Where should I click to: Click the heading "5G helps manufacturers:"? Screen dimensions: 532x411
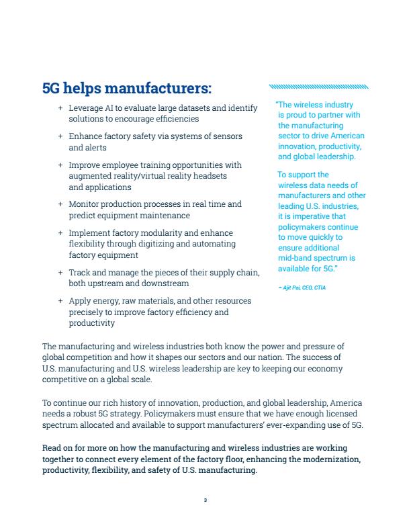(126, 88)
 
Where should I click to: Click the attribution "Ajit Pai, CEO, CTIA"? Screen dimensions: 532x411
(301, 287)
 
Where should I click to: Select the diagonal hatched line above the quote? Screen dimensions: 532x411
(318, 87)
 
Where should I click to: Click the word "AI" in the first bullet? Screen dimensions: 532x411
(110, 107)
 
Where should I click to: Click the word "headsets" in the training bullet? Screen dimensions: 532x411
(210, 176)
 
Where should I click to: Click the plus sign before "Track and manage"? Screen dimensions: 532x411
(61, 273)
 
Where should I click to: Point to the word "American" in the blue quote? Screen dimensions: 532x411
(349, 136)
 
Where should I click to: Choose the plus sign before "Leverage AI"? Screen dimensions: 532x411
(61, 107)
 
